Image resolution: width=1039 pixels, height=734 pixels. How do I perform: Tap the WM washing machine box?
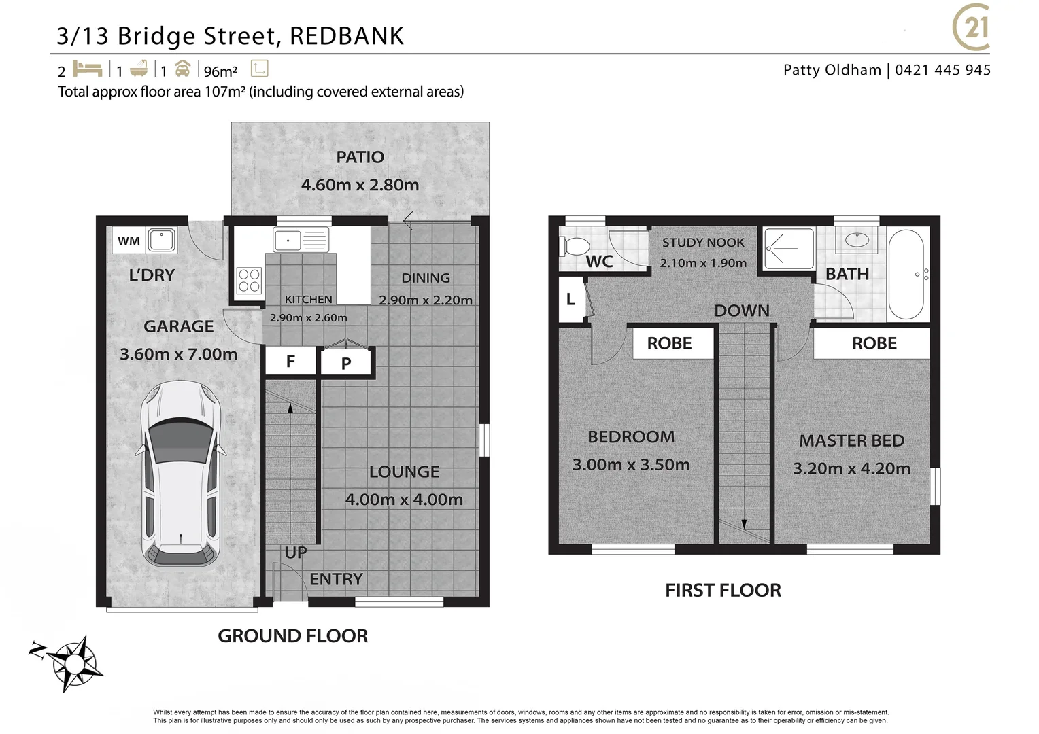129,241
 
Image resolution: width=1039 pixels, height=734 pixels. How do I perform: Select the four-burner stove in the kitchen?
249,281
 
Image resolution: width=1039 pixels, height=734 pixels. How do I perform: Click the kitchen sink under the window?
301,240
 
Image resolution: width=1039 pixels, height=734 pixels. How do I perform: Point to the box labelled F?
290,362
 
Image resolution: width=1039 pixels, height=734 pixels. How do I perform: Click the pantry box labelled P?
346,364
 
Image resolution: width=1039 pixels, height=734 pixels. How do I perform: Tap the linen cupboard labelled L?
570,299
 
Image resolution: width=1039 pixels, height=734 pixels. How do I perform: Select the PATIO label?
360,157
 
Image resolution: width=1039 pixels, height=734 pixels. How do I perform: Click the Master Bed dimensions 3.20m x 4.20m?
851,468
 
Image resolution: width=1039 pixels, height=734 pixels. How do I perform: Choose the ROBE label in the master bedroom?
874,343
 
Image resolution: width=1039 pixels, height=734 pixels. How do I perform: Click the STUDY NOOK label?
703,243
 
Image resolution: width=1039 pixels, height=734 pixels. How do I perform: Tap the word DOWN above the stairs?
742,311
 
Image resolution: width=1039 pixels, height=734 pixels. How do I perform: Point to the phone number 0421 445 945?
942,70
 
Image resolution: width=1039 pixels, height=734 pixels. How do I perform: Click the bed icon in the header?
87,69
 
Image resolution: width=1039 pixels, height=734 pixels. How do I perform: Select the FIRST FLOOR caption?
723,590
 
